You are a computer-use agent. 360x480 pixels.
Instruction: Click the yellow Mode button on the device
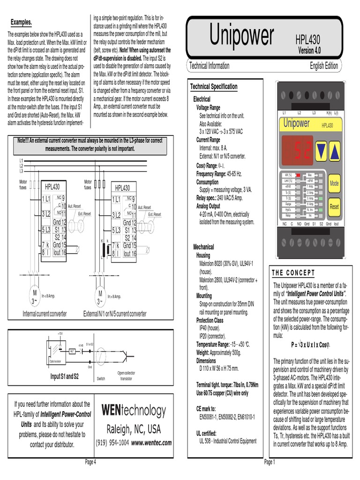pos(334,183)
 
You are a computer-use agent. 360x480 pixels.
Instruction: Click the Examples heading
pos(21,22)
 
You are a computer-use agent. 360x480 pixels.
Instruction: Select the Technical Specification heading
pos(214,87)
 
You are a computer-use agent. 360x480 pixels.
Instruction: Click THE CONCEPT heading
pos(293,273)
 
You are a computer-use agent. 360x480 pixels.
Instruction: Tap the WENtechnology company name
pos(134,411)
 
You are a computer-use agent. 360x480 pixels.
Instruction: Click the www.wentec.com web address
pos(151,442)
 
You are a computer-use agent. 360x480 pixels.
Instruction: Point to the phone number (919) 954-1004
pos(112,442)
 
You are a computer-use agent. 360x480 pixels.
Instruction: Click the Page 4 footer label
pos(90,462)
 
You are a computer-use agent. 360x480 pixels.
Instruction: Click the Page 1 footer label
pos(270,462)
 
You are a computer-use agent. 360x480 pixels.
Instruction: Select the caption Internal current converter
pos(45,314)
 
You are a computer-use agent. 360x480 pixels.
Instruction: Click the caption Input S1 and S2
pos(65,376)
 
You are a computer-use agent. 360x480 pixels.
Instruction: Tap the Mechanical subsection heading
pos(203,247)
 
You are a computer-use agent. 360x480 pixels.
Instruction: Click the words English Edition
pos(324,66)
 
